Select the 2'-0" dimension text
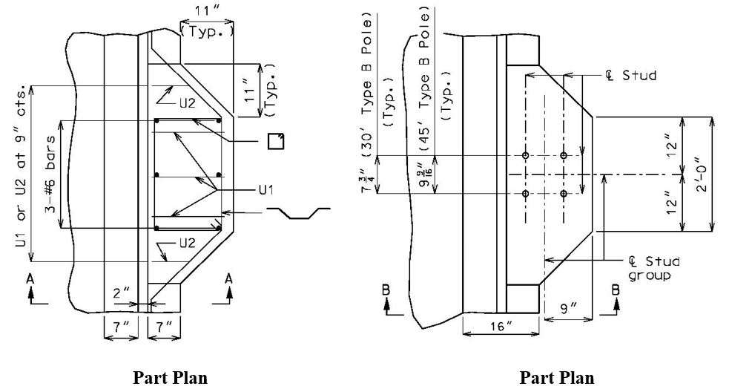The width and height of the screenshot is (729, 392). (x=702, y=174)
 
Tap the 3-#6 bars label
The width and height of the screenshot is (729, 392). (x=50, y=174)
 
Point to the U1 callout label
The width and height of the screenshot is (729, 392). (x=266, y=189)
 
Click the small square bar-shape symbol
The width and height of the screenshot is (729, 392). (x=276, y=141)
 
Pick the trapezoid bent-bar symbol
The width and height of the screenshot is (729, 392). (x=298, y=213)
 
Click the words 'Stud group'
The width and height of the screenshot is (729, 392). (x=653, y=268)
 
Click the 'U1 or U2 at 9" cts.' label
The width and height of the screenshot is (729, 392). (x=21, y=166)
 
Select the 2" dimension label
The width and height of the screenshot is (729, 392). (x=120, y=293)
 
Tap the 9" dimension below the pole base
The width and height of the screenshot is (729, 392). (x=567, y=308)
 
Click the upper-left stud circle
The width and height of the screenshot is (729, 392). (x=525, y=155)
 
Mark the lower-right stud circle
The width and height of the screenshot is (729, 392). (x=564, y=194)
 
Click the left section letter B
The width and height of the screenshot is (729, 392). (x=386, y=290)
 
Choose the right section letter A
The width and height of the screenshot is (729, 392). (x=228, y=279)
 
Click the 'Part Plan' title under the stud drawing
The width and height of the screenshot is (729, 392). (x=557, y=378)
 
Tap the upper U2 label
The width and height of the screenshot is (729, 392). (x=187, y=103)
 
